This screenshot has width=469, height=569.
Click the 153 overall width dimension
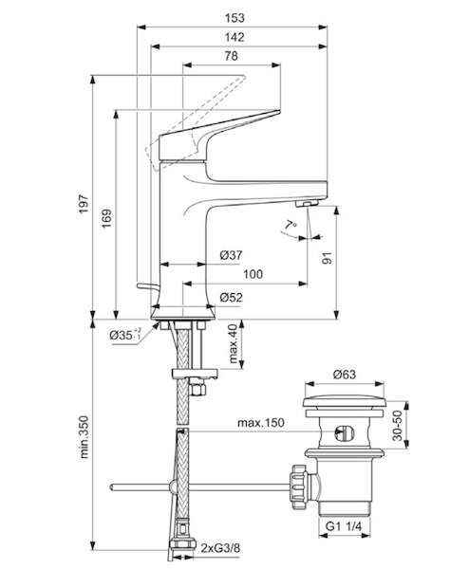point(234,18)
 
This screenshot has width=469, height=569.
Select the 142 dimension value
point(234,37)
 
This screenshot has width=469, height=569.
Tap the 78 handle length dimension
point(231,56)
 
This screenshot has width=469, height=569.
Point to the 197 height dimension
point(84,204)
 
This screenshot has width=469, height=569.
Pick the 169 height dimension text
point(106,218)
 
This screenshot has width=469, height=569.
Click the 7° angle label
point(291,225)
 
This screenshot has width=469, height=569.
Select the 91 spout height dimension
point(328,257)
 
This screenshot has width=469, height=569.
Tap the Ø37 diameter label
point(231,255)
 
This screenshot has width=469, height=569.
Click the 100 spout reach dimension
point(253,274)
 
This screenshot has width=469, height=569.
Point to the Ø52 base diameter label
point(231,297)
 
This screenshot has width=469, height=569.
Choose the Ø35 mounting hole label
point(125,335)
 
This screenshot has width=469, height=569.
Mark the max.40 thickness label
point(233,343)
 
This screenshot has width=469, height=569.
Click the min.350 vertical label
point(84,437)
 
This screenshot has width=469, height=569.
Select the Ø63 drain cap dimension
point(345,375)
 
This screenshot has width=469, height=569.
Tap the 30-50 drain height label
point(398,425)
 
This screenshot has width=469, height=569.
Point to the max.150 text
point(261,423)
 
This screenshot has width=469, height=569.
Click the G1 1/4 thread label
point(344,526)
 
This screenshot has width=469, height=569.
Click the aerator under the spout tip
point(307,203)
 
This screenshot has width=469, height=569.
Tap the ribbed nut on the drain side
point(298,486)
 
